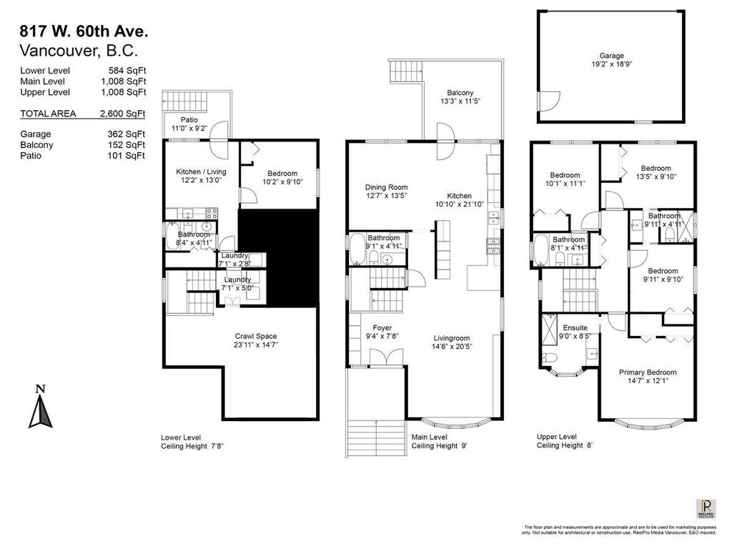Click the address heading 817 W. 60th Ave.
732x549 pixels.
tap(84, 31)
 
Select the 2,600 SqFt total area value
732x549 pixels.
tap(123, 114)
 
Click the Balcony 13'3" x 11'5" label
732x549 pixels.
tap(460, 97)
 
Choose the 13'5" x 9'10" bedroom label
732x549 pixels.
tap(656, 172)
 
